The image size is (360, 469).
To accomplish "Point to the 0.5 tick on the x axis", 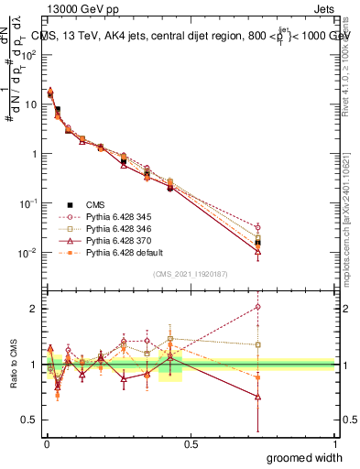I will (189, 443).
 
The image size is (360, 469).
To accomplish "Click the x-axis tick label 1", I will (334, 443).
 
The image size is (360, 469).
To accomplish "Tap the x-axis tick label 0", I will (45, 443).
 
